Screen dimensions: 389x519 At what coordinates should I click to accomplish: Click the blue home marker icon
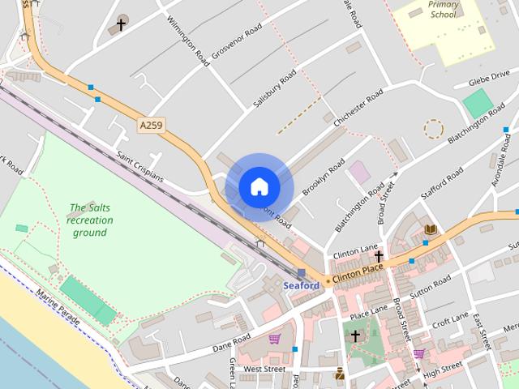259,186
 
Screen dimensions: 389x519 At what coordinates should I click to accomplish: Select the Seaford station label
301,286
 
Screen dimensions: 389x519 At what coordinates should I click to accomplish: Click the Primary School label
444,9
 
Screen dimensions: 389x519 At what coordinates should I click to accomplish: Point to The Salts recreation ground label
90,220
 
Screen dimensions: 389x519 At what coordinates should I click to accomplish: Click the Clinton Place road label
358,273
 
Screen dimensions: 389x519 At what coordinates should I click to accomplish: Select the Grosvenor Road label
238,40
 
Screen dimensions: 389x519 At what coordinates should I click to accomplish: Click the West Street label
264,369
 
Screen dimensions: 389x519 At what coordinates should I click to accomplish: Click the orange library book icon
430,229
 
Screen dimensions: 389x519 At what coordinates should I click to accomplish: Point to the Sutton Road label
431,286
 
